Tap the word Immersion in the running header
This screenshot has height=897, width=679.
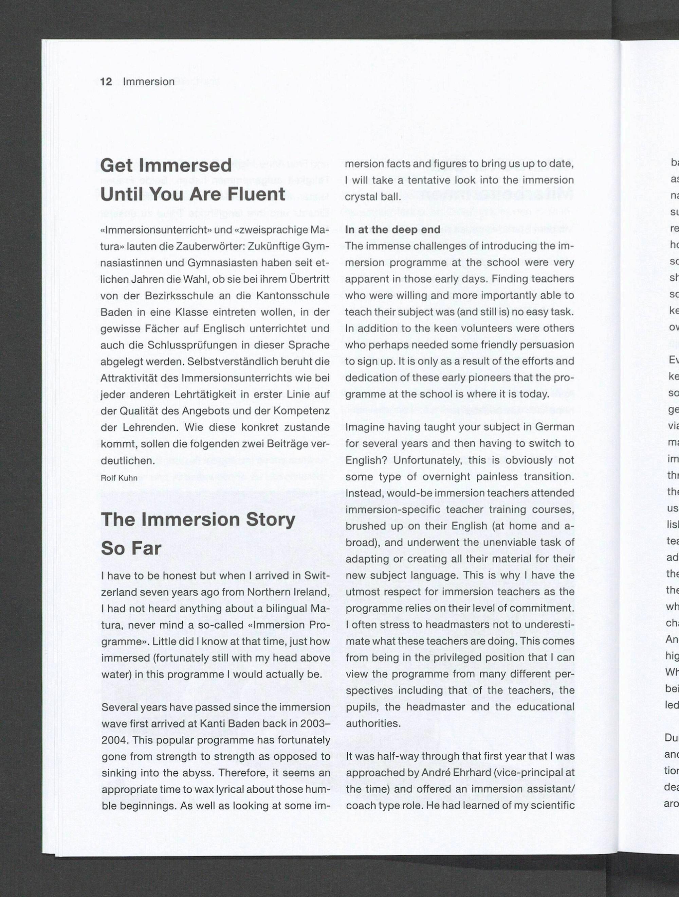(149, 82)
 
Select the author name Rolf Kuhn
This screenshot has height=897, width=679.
(119, 478)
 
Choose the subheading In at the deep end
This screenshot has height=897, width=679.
(392, 230)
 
